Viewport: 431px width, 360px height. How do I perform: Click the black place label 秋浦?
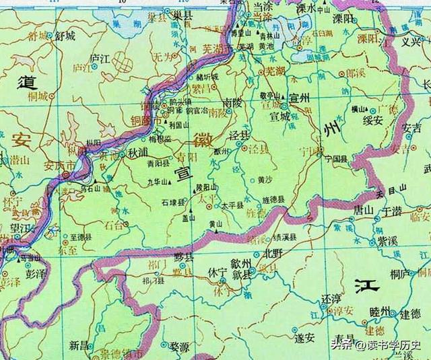click(x=139, y=152)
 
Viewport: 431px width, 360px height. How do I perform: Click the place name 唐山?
click(x=364, y=210)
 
